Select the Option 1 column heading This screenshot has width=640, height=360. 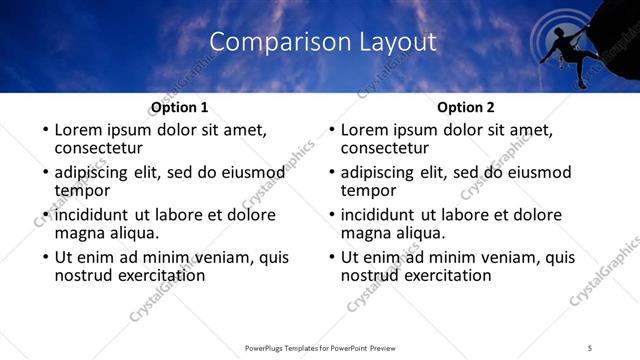click(179, 107)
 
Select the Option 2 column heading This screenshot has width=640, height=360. click(466, 107)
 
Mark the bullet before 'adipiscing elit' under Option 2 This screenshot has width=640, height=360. click(331, 173)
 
